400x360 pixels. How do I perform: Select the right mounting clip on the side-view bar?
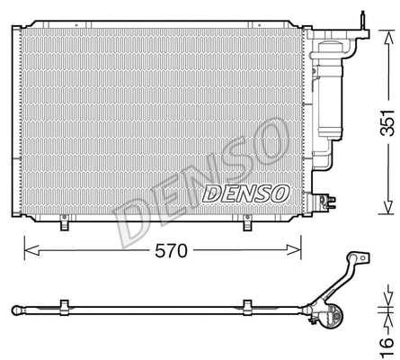tap(244, 308)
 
